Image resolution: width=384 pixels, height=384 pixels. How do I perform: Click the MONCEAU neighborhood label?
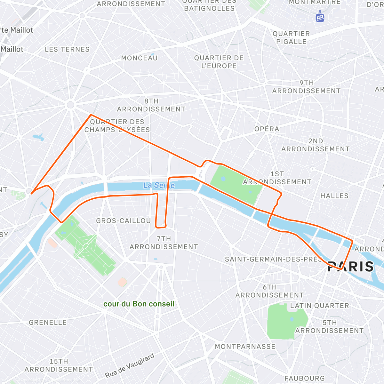click(139, 58)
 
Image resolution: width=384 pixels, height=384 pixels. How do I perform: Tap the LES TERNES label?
click(67, 50)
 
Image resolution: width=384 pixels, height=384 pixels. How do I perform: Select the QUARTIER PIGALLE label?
click(291, 38)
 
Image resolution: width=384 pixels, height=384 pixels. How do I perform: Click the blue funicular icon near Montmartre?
click(320, 17)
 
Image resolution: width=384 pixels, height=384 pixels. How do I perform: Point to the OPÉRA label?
click(267, 129)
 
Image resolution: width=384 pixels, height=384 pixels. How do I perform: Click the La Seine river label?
click(159, 185)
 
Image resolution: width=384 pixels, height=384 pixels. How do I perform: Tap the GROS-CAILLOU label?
click(124, 221)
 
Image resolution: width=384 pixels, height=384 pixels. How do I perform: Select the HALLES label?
click(334, 196)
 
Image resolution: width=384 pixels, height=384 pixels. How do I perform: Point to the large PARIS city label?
click(351, 267)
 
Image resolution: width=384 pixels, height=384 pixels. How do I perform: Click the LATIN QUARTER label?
click(319, 306)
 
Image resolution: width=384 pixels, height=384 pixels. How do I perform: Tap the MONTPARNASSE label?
click(245, 347)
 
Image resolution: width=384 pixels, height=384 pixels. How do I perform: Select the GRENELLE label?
click(48, 323)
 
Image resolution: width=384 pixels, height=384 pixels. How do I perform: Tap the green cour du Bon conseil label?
click(139, 304)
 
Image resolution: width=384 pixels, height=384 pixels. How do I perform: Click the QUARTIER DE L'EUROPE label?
click(219, 62)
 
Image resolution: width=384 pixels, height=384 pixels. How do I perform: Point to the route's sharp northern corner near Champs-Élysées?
click(91, 115)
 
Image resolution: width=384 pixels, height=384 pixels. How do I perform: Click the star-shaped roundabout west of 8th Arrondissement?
click(70, 105)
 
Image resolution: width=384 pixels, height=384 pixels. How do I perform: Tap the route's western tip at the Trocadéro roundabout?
click(31, 193)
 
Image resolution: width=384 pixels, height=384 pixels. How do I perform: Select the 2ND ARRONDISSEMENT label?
click(315, 145)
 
